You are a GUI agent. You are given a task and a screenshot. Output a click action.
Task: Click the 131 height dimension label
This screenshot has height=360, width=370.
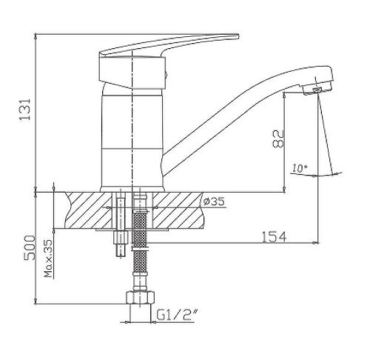coord(25,110)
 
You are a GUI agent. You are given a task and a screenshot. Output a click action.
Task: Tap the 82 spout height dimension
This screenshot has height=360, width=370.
coord(278,139)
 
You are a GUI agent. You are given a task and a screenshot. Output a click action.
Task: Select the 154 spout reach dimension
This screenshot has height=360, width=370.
coord(274,237)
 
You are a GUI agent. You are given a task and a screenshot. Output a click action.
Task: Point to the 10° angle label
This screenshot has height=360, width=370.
coord(300,168)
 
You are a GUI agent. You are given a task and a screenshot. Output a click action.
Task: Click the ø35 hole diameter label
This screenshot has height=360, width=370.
coord(214,201)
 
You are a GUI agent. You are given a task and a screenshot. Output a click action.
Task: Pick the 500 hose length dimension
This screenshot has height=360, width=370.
coord(30,247)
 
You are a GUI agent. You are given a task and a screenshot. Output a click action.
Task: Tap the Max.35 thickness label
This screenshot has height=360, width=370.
coord(48,259)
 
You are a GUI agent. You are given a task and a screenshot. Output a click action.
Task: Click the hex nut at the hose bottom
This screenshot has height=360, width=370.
coord(140,298)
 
